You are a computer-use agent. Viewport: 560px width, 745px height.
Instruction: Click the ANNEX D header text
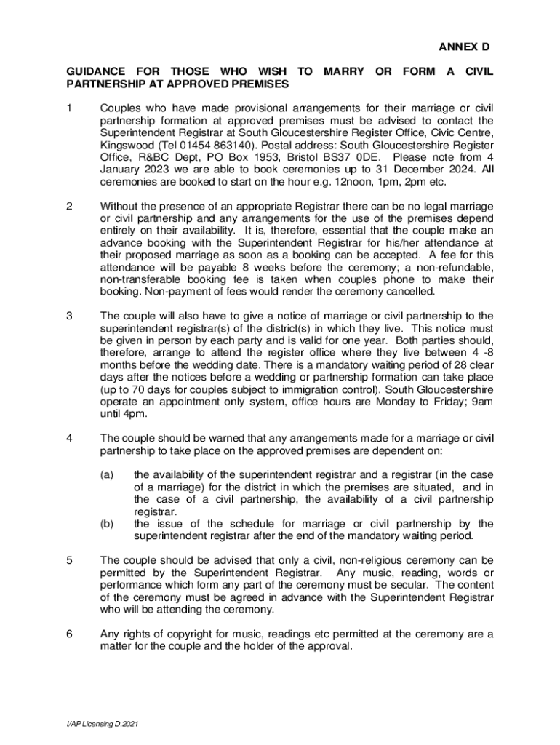click(x=463, y=47)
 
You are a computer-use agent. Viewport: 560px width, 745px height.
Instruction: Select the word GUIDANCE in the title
click(x=95, y=71)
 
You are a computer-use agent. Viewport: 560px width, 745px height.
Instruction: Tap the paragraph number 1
click(x=69, y=108)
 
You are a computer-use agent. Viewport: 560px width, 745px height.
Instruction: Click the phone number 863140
click(x=211, y=144)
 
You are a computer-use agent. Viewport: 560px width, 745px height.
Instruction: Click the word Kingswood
click(x=123, y=144)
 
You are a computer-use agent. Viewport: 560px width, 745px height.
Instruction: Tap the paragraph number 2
click(x=69, y=206)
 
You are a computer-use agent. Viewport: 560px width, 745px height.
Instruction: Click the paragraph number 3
click(x=69, y=316)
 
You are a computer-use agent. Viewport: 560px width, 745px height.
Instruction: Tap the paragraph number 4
click(x=69, y=438)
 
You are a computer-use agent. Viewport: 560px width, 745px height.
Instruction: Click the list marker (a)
click(x=107, y=474)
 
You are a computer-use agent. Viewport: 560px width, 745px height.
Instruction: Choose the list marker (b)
click(x=107, y=524)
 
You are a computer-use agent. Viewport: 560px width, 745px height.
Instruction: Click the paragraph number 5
click(x=69, y=560)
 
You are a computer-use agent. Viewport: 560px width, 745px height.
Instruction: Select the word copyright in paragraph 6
click(x=180, y=634)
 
